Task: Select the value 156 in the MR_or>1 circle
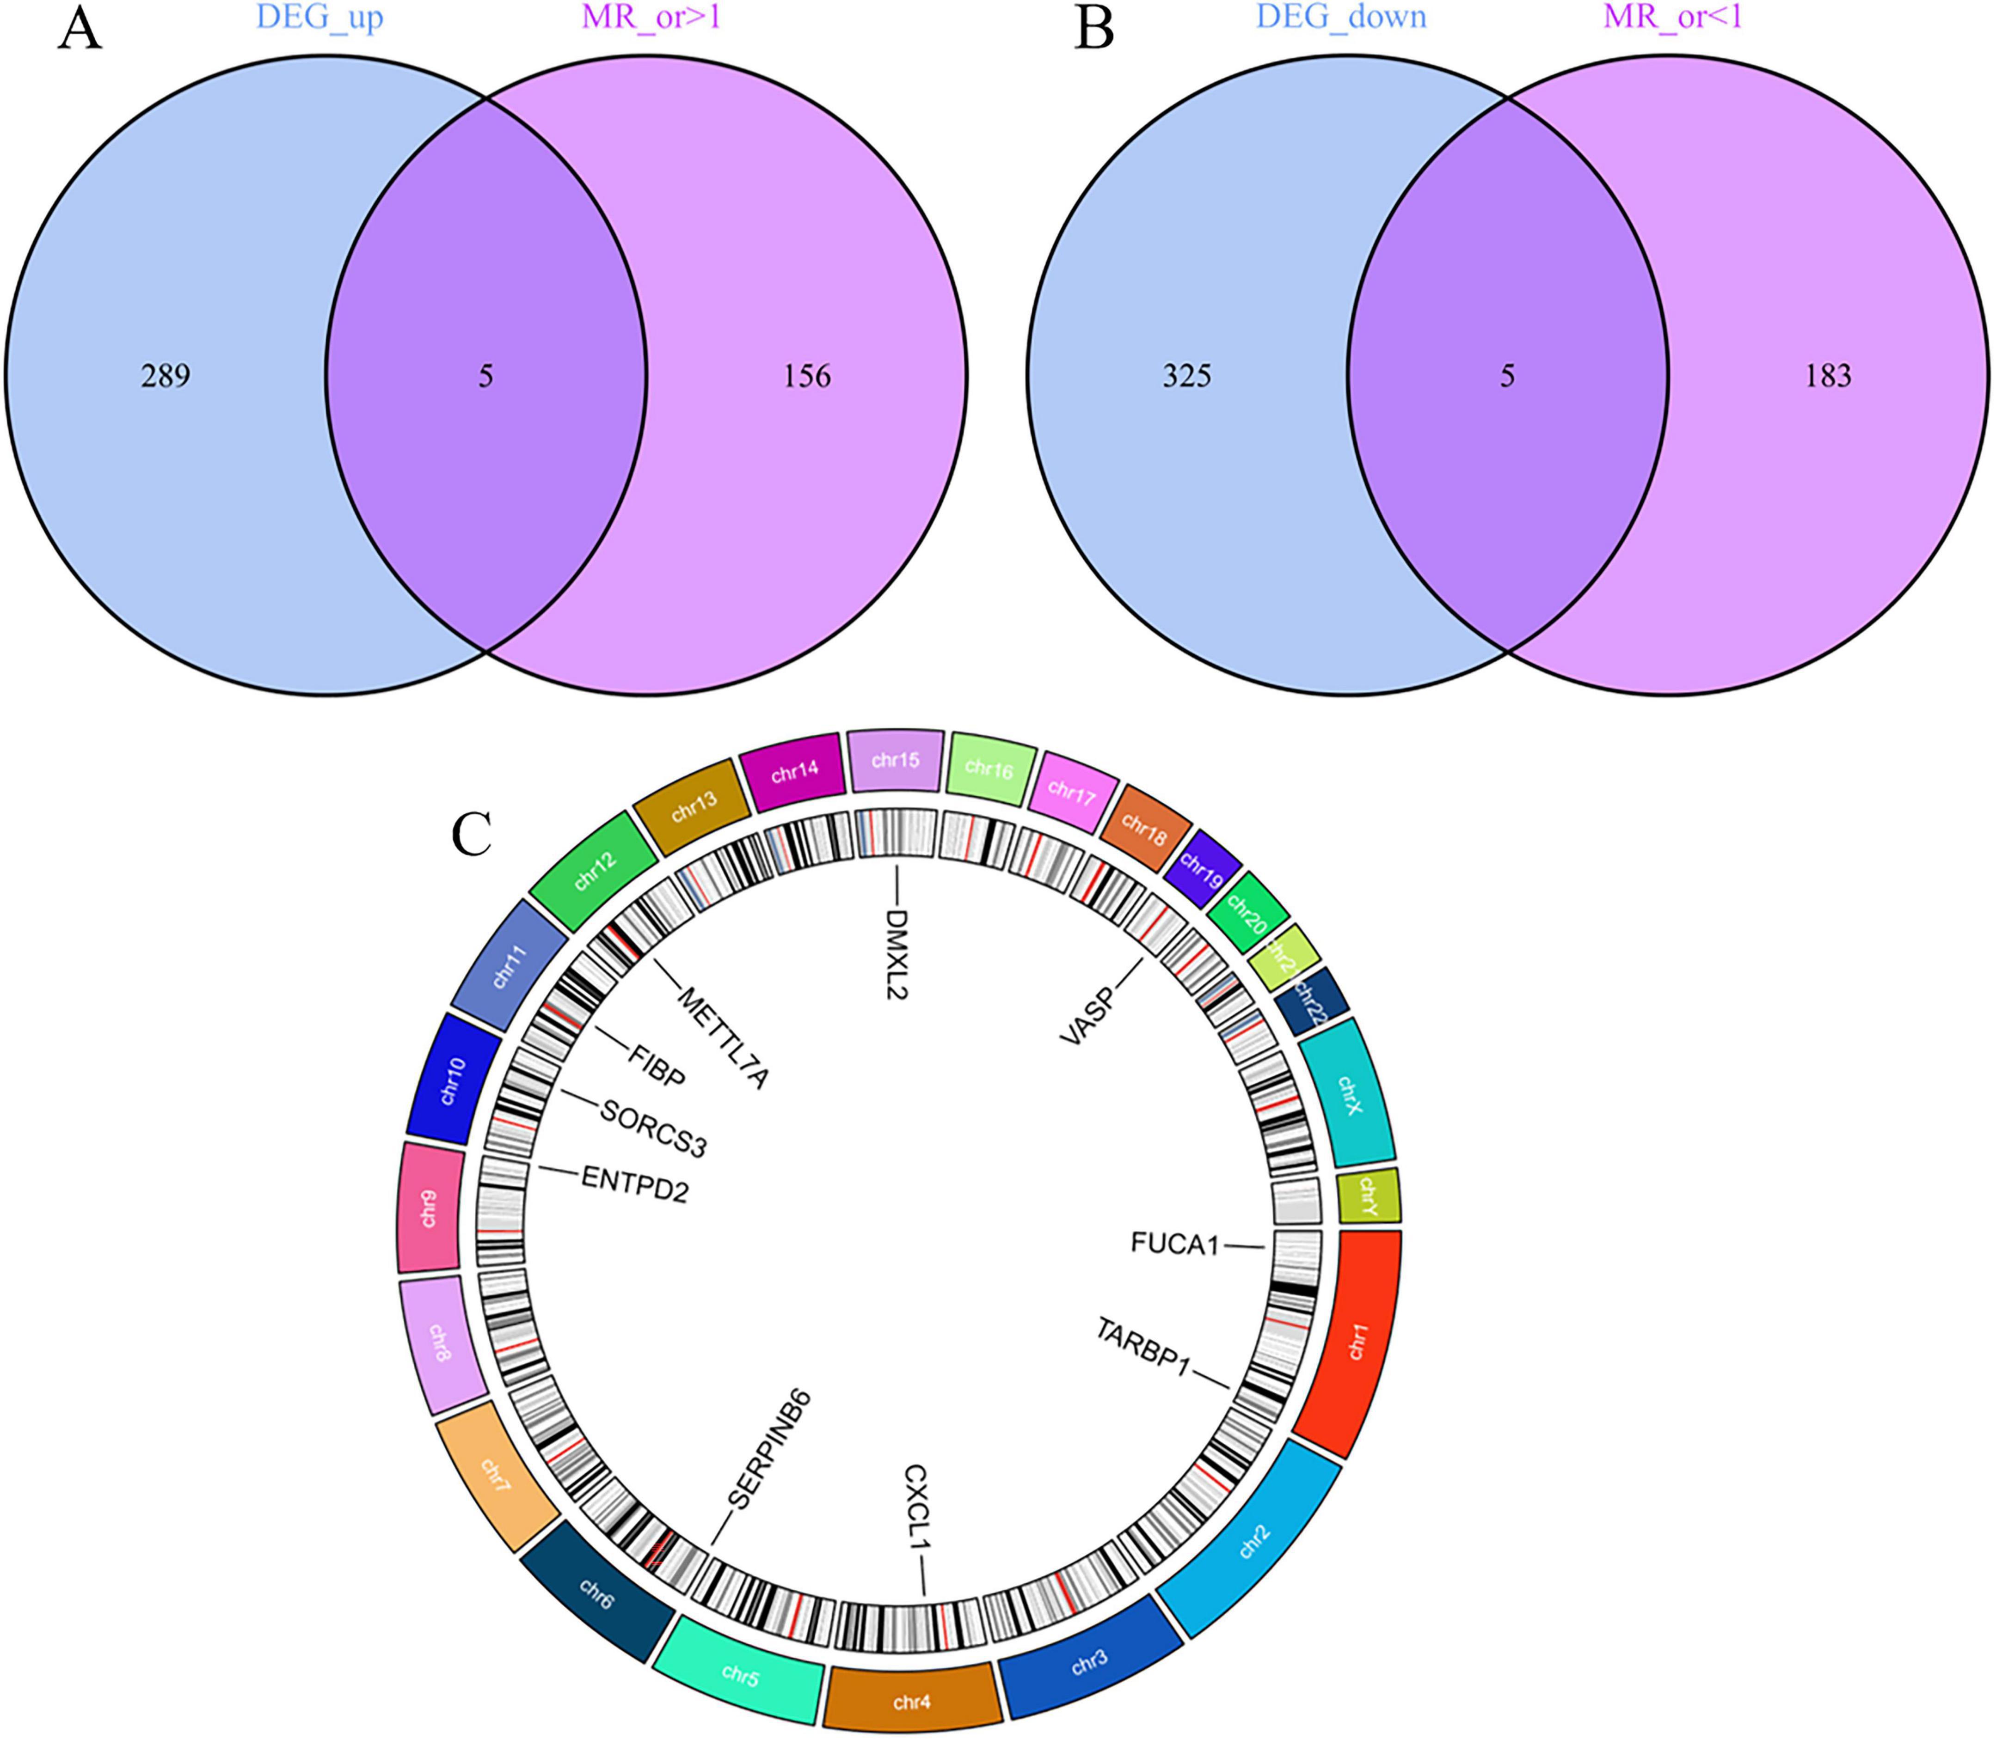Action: (807, 376)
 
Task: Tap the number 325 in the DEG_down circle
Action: (1186, 376)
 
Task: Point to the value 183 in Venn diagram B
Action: (1828, 376)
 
